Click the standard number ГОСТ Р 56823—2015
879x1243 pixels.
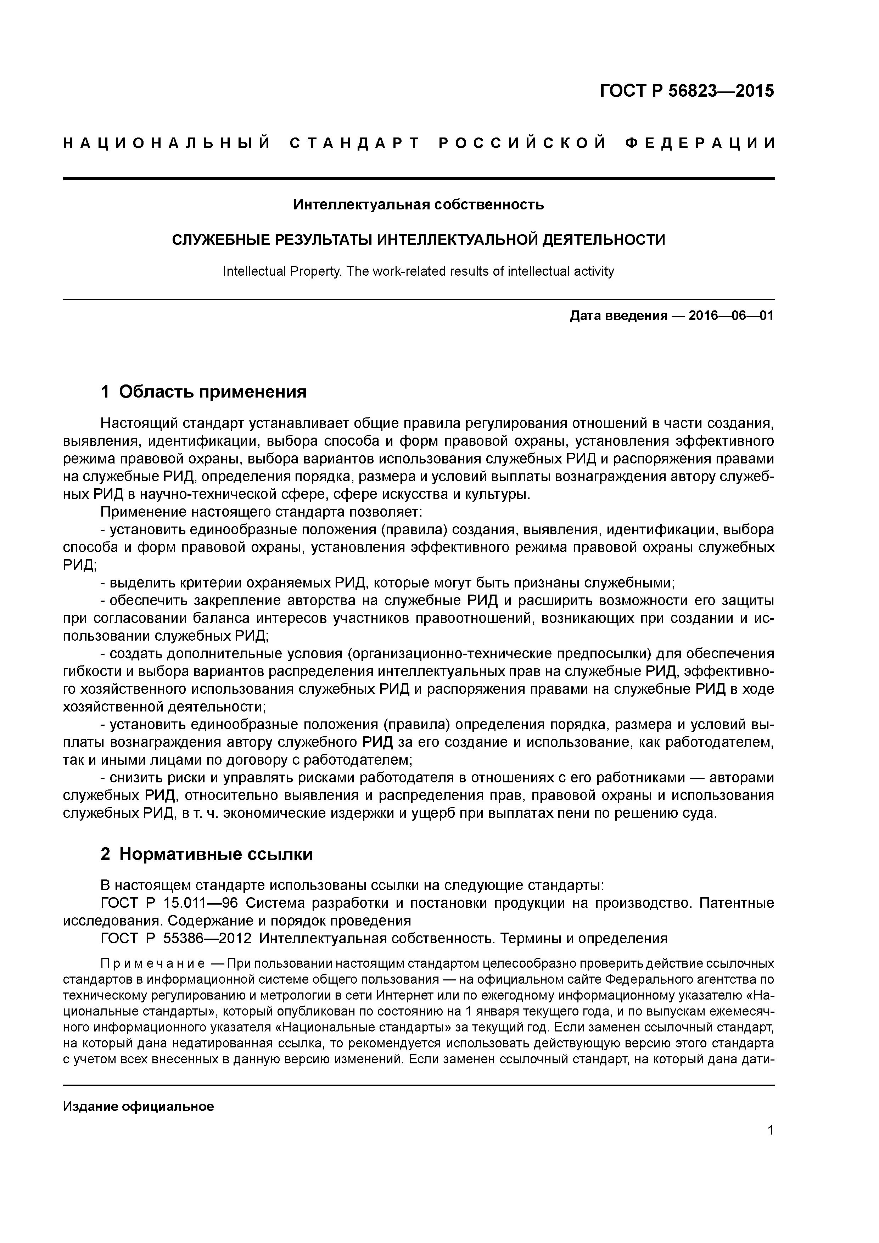coord(687,91)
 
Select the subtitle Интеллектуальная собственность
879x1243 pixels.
coord(418,205)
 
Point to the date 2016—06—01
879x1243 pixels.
coord(730,316)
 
